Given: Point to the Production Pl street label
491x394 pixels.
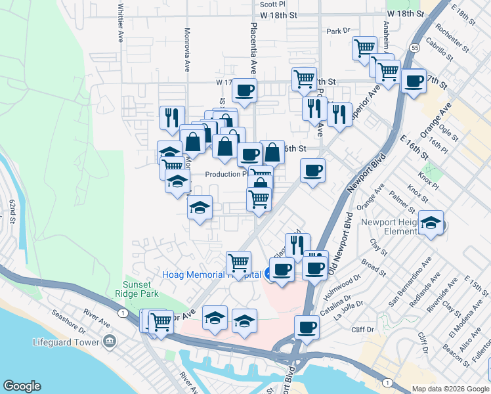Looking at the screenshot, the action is (225, 174).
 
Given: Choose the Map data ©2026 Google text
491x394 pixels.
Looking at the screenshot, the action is (450, 388).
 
